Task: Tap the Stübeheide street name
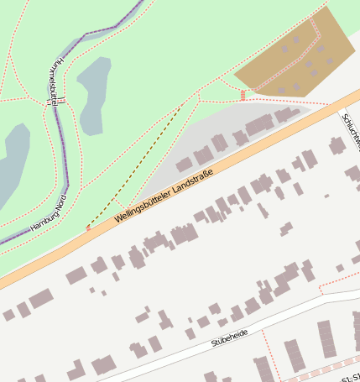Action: coord(229,338)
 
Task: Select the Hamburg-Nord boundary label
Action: coord(48,215)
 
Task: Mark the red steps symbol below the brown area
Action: coord(243,95)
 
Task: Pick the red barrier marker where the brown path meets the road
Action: coord(88,227)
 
